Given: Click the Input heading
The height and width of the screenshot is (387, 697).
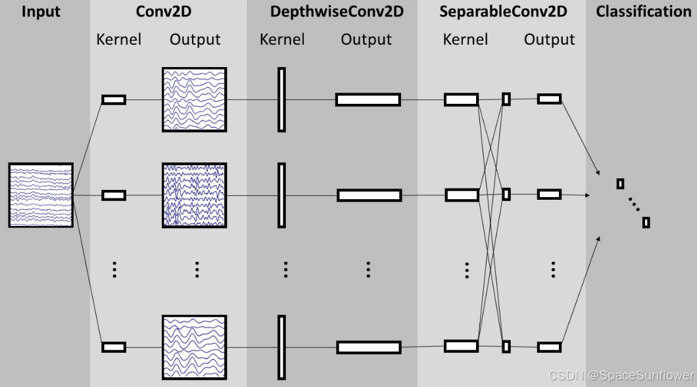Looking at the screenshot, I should pos(41,12).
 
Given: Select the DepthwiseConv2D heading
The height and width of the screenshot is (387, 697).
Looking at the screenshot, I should pos(337,12).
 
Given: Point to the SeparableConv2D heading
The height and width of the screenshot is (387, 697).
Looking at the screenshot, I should pos(503,12).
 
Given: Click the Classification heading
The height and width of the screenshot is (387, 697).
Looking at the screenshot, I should pos(643,12).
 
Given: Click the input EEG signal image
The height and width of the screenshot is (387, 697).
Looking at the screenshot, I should pos(41,195).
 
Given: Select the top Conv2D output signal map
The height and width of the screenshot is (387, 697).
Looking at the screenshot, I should pos(194,99).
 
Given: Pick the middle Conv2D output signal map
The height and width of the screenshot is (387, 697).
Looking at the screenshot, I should pos(194,195).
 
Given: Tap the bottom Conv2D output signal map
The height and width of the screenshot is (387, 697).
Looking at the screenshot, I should pos(194,347).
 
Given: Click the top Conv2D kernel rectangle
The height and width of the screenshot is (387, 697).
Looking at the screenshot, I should pos(114,99).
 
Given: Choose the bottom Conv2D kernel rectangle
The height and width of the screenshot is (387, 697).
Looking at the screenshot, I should pos(114,347).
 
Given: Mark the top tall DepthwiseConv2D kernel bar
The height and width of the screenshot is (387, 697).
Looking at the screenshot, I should pos(281,99).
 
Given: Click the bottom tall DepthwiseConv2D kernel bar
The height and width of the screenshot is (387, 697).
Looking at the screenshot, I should pos(281,347).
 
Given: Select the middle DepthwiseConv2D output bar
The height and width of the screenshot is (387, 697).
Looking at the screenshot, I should pos(369,195).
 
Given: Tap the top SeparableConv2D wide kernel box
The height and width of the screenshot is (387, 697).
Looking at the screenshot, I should pos(461,99).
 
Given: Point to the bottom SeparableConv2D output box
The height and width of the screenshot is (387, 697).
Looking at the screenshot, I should pos(549,347).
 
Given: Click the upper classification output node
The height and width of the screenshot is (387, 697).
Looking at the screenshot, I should pos(620,184).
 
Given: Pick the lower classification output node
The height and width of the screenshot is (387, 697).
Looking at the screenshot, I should pos(646,222).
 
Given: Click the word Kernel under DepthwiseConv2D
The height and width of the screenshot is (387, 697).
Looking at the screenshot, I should pos(282,39).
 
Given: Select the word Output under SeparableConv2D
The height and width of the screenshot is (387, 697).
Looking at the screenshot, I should pos(549,39).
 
